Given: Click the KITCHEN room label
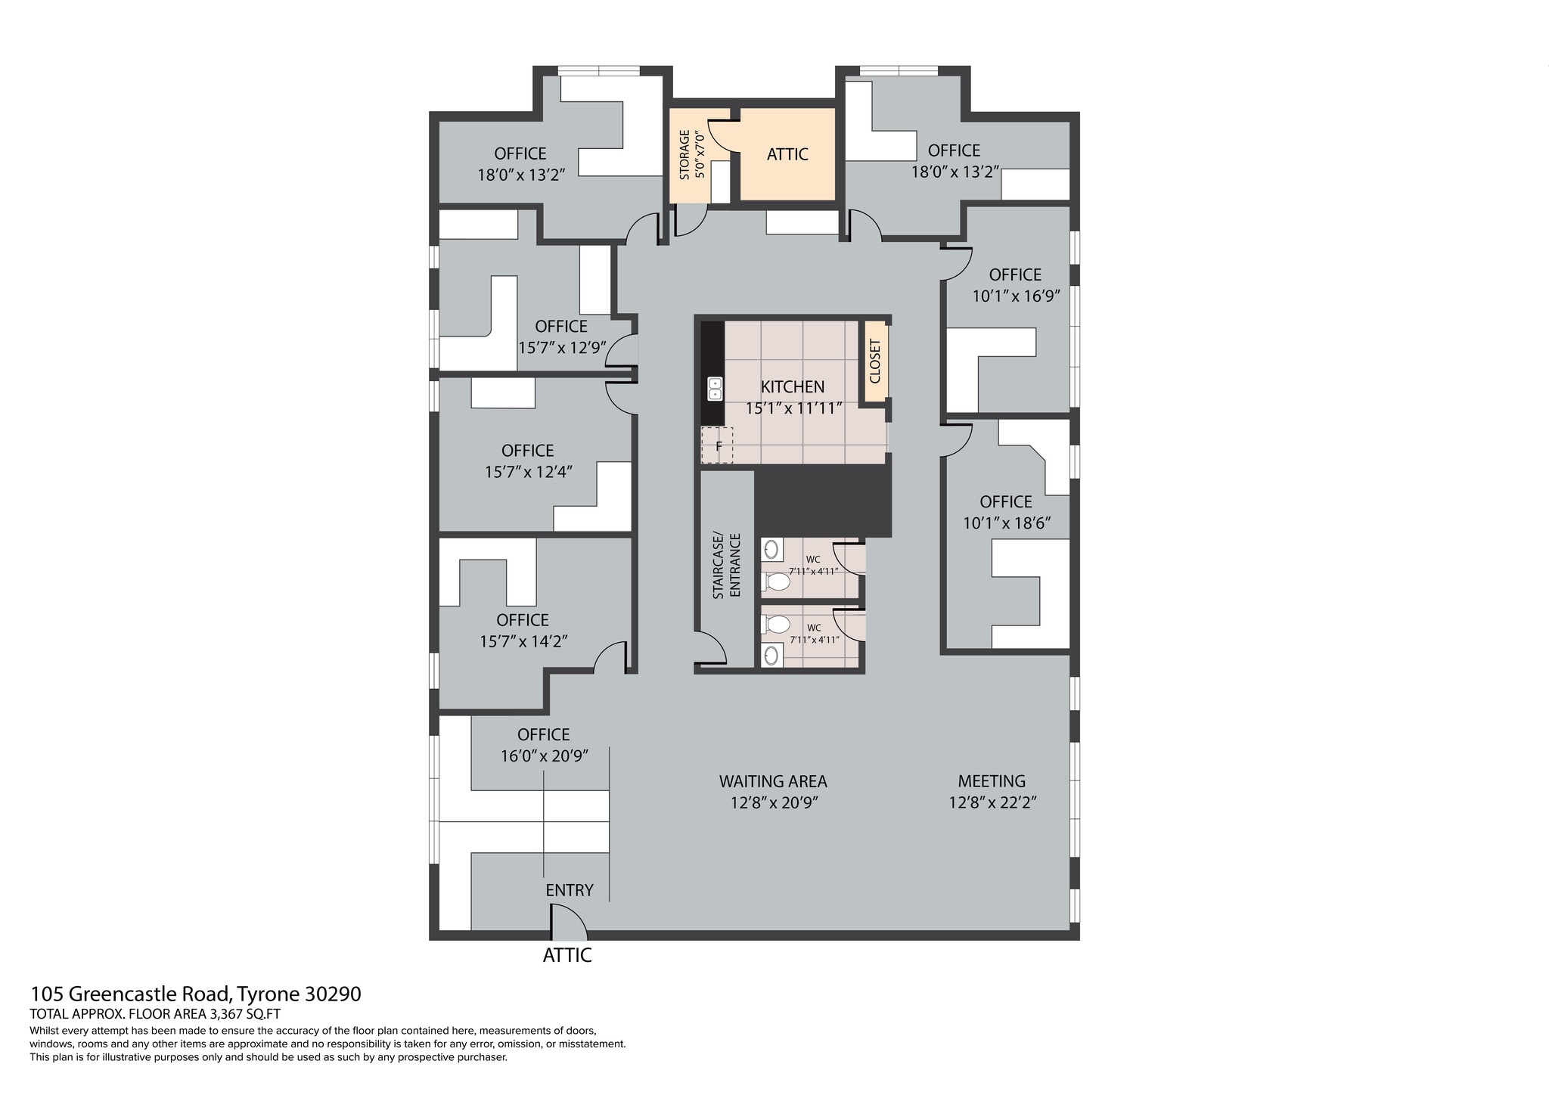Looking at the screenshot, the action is tap(792, 386).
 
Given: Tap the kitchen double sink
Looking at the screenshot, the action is tap(715, 389).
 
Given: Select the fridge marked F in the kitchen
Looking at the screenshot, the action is tap(717, 445).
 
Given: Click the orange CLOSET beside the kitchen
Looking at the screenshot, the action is tap(875, 361).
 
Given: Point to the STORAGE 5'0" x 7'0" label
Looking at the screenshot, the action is tap(691, 155).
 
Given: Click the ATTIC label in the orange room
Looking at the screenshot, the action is tap(787, 154).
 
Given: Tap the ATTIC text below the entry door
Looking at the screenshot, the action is tap(567, 955).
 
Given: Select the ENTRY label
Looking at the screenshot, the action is tap(570, 890).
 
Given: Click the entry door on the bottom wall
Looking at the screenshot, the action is tap(568, 921).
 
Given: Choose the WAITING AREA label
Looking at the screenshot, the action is tap(773, 781).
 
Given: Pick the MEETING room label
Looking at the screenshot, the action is tap(992, 781).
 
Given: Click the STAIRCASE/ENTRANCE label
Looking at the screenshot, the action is tap(726, 566).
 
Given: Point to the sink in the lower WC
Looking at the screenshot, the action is tap(771, 655).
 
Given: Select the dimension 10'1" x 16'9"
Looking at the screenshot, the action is tap(1016, 296).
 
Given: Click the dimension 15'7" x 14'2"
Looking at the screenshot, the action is tap(523, 641).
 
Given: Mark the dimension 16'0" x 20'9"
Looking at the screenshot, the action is tap(544, 755).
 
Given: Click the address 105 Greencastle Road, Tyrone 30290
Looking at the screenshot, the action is tap(196, 994).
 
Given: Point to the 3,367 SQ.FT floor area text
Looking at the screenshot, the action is tap(244, 1015).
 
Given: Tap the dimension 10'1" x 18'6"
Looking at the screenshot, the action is tap(1007, 523).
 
